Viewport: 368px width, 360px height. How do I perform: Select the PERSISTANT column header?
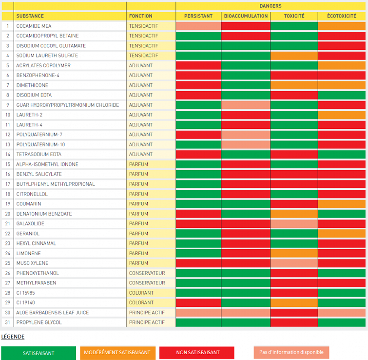pyautogui.click(x=198, y=16)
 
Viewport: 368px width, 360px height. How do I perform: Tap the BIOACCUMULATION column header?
pyautogui.click(x=246, y=16)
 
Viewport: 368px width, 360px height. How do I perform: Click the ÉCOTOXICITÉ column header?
pyautogui.click(x=342, y=16)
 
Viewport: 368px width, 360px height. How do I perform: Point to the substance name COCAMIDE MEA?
pyautogui.click(x=34, y=26)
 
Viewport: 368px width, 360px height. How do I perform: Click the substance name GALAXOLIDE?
pyautogui.click(x=30, y=224)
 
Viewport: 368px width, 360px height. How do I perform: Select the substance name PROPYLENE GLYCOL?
pyautogui.click(x=39, y=322)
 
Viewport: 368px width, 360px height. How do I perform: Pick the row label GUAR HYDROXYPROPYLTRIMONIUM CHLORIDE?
pyautogui.click(x=67, y=105)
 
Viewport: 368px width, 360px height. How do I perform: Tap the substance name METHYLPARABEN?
pyautogui.click(x=36, y=283)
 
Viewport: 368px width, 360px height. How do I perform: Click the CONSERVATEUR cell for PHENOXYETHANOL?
pyautogui.click(x=147, y=273)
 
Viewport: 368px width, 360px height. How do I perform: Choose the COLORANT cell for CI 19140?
pyautogui.click(x=141, y=303)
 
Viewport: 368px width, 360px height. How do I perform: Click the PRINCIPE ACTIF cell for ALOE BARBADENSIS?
pyautogui.click(x=147, y=313)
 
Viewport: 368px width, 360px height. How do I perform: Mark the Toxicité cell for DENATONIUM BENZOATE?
pyautogui.click(x=294, y=214)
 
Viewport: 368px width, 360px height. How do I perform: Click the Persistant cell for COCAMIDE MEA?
pyautogui.click(x=198, y=26)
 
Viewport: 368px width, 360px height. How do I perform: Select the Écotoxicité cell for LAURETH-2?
pyautogui.click(x=342, y=115)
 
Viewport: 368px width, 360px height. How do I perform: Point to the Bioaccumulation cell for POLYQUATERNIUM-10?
pyautogui.click(x=246, y=144)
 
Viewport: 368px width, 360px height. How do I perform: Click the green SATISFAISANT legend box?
pyautogui.click(x=39, y=353)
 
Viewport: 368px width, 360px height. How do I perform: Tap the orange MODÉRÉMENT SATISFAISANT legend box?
pyautogui.click(x=116, y=352)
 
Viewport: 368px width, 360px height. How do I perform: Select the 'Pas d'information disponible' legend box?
pyautogui.click(x=291, y=352)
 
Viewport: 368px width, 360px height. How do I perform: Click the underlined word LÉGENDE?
pyautogui.click(x=13, y=337)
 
